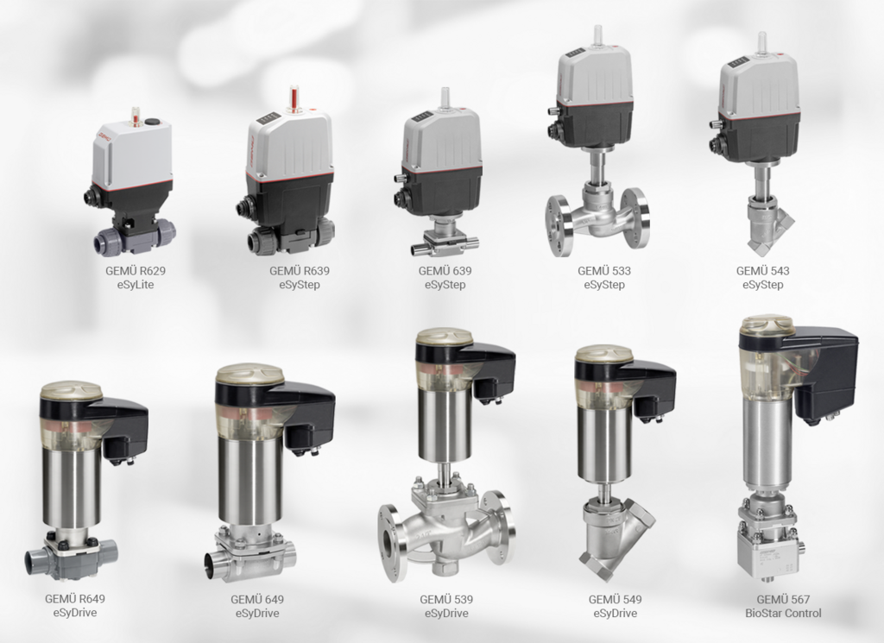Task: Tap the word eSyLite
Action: pyautogui.click(x=135, y=285)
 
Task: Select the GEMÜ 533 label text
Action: pyautogui.click(x=603, y=270)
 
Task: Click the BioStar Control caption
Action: pyautogui.click(x=783, y=614)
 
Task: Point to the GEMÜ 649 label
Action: pyautogui.click(x=257, y=599)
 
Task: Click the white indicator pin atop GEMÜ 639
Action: pyautogui.click(x=445, y=98)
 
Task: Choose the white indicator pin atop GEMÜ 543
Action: pyautogui.click(x=761, y=41)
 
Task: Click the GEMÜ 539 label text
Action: pyautogui.click(x=446, y=599)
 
